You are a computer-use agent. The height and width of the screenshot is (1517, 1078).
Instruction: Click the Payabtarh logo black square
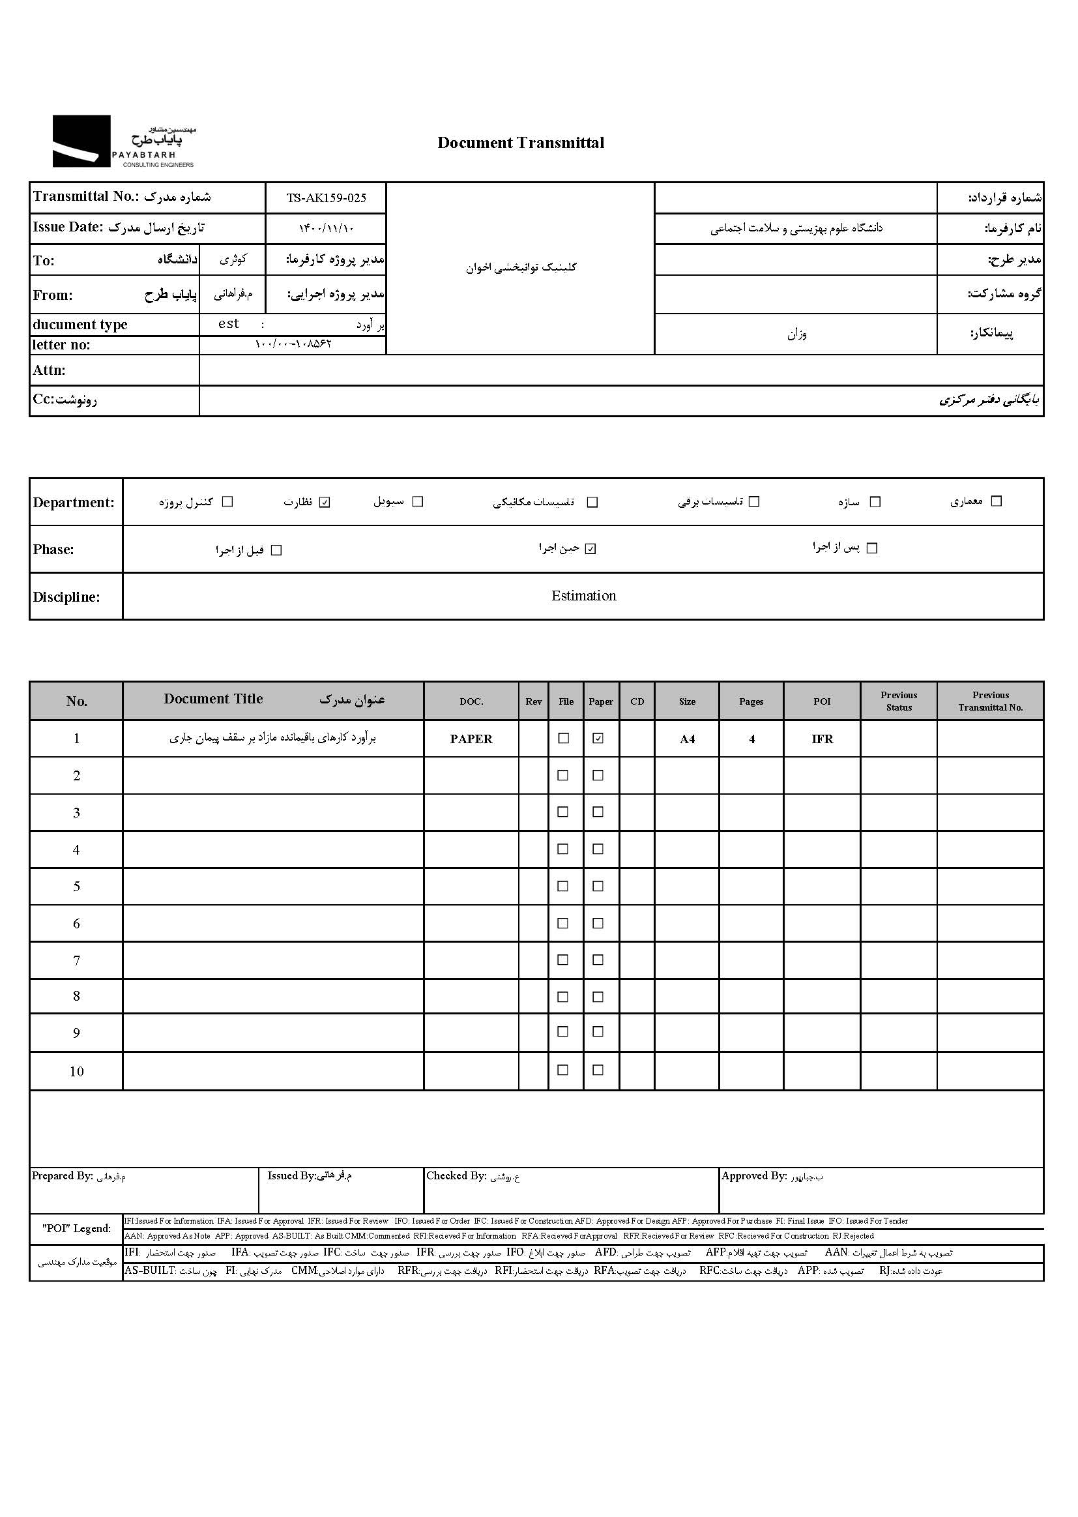(81, 141)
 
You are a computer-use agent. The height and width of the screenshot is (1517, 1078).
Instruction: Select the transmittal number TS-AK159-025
(326, 198)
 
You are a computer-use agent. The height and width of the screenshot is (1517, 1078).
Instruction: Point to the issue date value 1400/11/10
(326, 228)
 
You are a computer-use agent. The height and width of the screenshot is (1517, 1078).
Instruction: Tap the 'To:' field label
(44, 260)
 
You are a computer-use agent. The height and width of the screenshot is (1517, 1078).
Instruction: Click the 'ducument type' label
(80, 325)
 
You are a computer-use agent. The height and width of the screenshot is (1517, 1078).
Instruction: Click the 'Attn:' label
(49, 370)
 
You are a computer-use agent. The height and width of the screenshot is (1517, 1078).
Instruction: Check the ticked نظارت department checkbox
(325, 502)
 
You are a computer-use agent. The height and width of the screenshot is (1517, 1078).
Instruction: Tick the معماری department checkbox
(996, 501)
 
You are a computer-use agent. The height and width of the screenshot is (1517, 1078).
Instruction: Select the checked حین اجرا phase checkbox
(590, 549)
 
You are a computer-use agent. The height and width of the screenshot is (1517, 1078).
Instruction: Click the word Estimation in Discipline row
(583, 595)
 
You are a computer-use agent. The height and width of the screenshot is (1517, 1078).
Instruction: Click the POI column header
(822, 701)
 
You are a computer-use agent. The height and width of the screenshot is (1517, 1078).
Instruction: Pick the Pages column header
(751, 701)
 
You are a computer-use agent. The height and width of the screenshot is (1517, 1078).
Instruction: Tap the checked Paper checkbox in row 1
(598, 738)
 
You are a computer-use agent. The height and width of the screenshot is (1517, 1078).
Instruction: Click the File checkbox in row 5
(563, 886)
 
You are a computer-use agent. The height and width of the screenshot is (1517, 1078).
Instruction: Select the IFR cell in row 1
(822, 739)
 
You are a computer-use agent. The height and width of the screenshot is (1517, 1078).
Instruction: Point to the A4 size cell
(687, 739)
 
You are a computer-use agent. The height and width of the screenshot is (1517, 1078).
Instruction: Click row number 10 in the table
(76, 1071)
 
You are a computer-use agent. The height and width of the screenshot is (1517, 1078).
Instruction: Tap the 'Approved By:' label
(753, 1176)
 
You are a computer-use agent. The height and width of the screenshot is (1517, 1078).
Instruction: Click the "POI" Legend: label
(76, 1228)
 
